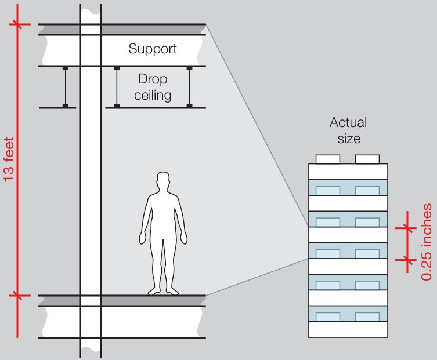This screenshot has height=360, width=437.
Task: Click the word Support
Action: click(153, 49)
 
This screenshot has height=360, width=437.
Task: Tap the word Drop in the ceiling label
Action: click(153, 79)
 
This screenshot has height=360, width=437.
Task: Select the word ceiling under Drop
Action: click(153, 95)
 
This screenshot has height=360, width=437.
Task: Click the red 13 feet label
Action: click(9, 160)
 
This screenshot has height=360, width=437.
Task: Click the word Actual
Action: click(348, 123)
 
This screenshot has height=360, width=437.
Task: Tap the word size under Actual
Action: click(348, 139)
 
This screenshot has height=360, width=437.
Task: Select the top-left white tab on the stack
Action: click(327, 159)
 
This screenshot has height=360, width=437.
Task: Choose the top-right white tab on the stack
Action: click(367, 159)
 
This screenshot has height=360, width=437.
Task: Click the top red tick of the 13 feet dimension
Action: click(18, 24)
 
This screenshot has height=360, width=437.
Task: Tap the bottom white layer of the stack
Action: click(348, 329)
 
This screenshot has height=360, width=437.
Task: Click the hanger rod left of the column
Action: click(66, 87)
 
